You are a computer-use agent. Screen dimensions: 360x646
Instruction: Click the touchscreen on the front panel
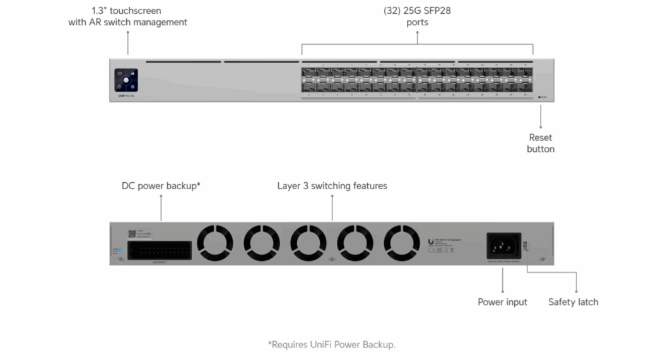(126, 81)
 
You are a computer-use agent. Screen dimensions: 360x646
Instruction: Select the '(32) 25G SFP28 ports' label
(417, 16)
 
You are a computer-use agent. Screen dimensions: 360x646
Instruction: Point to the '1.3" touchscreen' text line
(127, 11)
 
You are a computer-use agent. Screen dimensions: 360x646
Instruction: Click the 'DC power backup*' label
(161, 186)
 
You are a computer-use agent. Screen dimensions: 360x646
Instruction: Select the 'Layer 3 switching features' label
(332, 186)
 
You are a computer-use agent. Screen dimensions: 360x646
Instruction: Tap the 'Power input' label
(502, 302)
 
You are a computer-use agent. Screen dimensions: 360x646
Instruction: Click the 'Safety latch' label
(573, 302)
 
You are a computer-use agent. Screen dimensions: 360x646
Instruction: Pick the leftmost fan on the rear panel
(215, 243)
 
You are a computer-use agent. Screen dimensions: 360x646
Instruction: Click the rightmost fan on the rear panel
(402, 243)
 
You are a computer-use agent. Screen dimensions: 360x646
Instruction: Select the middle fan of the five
(308, 243)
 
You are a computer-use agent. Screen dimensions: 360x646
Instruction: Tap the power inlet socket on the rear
(502, 245)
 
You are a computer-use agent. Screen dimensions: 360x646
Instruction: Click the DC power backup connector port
(158, 250)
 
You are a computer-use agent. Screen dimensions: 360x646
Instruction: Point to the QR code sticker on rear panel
(132, 233)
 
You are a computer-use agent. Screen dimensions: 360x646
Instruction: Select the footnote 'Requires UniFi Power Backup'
(331, 344)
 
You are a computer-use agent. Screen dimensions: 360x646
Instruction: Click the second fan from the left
(262, 243)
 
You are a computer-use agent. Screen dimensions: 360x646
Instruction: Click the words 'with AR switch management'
(127, 22)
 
